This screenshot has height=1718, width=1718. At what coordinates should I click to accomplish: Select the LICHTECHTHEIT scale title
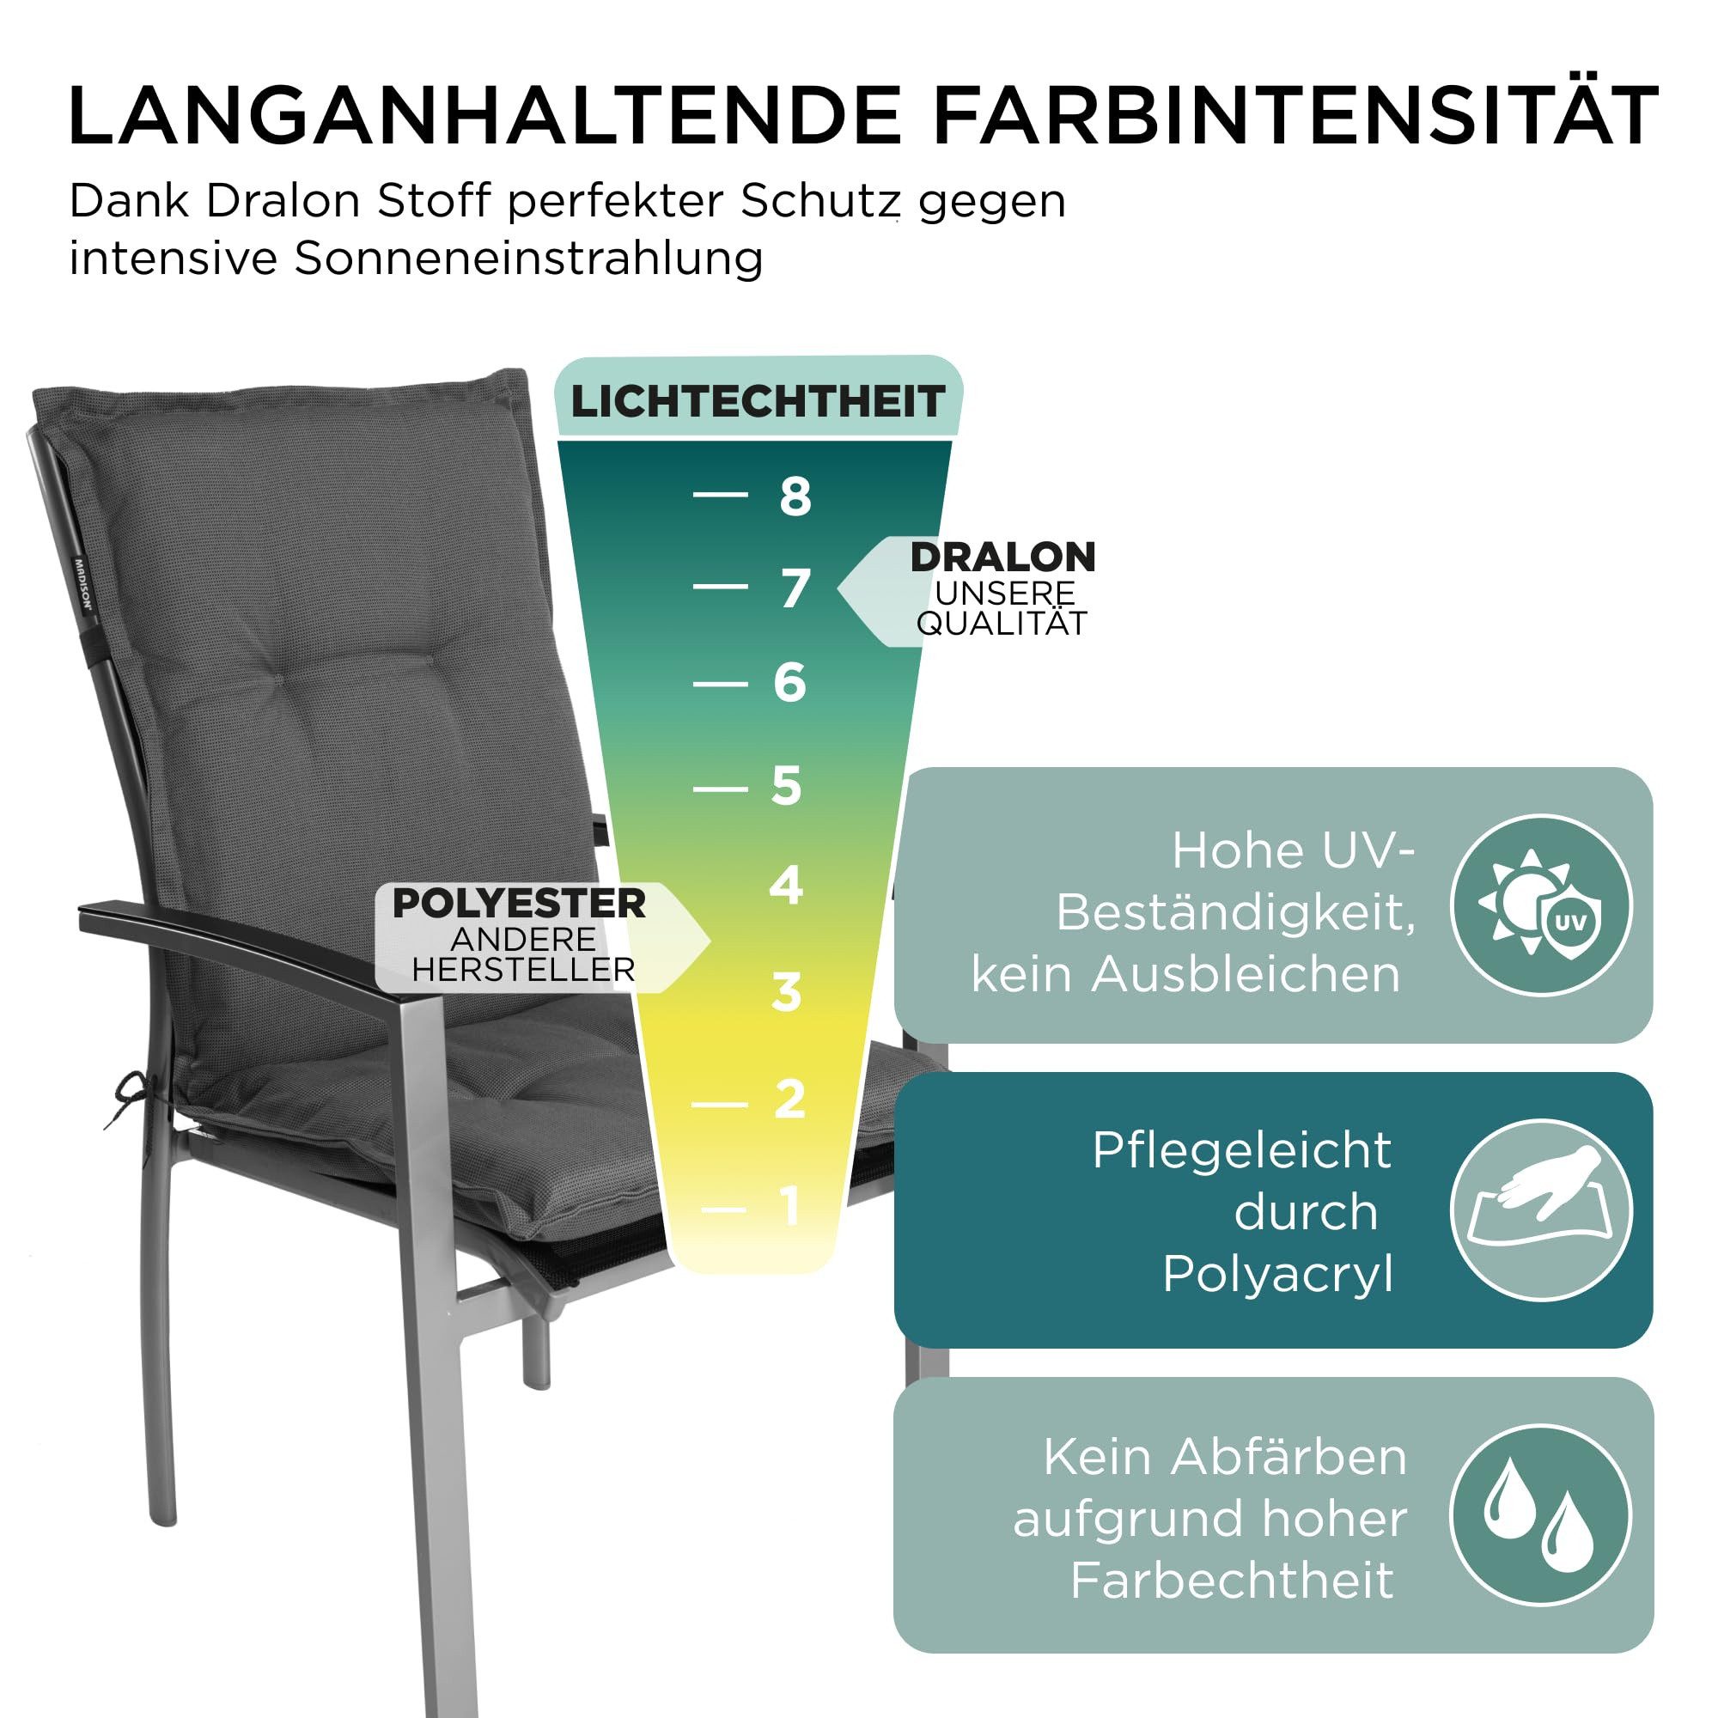pyautogui.click(x=758, y=402)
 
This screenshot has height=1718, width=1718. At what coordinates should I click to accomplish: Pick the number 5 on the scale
pyautogui.click(x=787, y=786)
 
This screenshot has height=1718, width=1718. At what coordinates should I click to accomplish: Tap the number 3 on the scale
pyautogui.click(x=787, y=992)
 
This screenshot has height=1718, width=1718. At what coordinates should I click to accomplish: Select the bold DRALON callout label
pyautogui.click(x=1003, y=557)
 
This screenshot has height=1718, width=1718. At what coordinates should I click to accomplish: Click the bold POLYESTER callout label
pyautogui.click(x=520, y=904)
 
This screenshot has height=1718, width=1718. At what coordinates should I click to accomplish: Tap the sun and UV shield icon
pyautogui.click(x=1541, y=905)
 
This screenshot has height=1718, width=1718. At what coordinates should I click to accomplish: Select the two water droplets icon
pyautogui.click(x=1541, y=1515)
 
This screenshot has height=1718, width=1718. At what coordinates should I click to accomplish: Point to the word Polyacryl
pyautogui.click(x=1278, y=1275)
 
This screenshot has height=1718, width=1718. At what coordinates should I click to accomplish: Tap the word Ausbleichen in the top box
pyautogui.click(x=1246, y=975)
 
